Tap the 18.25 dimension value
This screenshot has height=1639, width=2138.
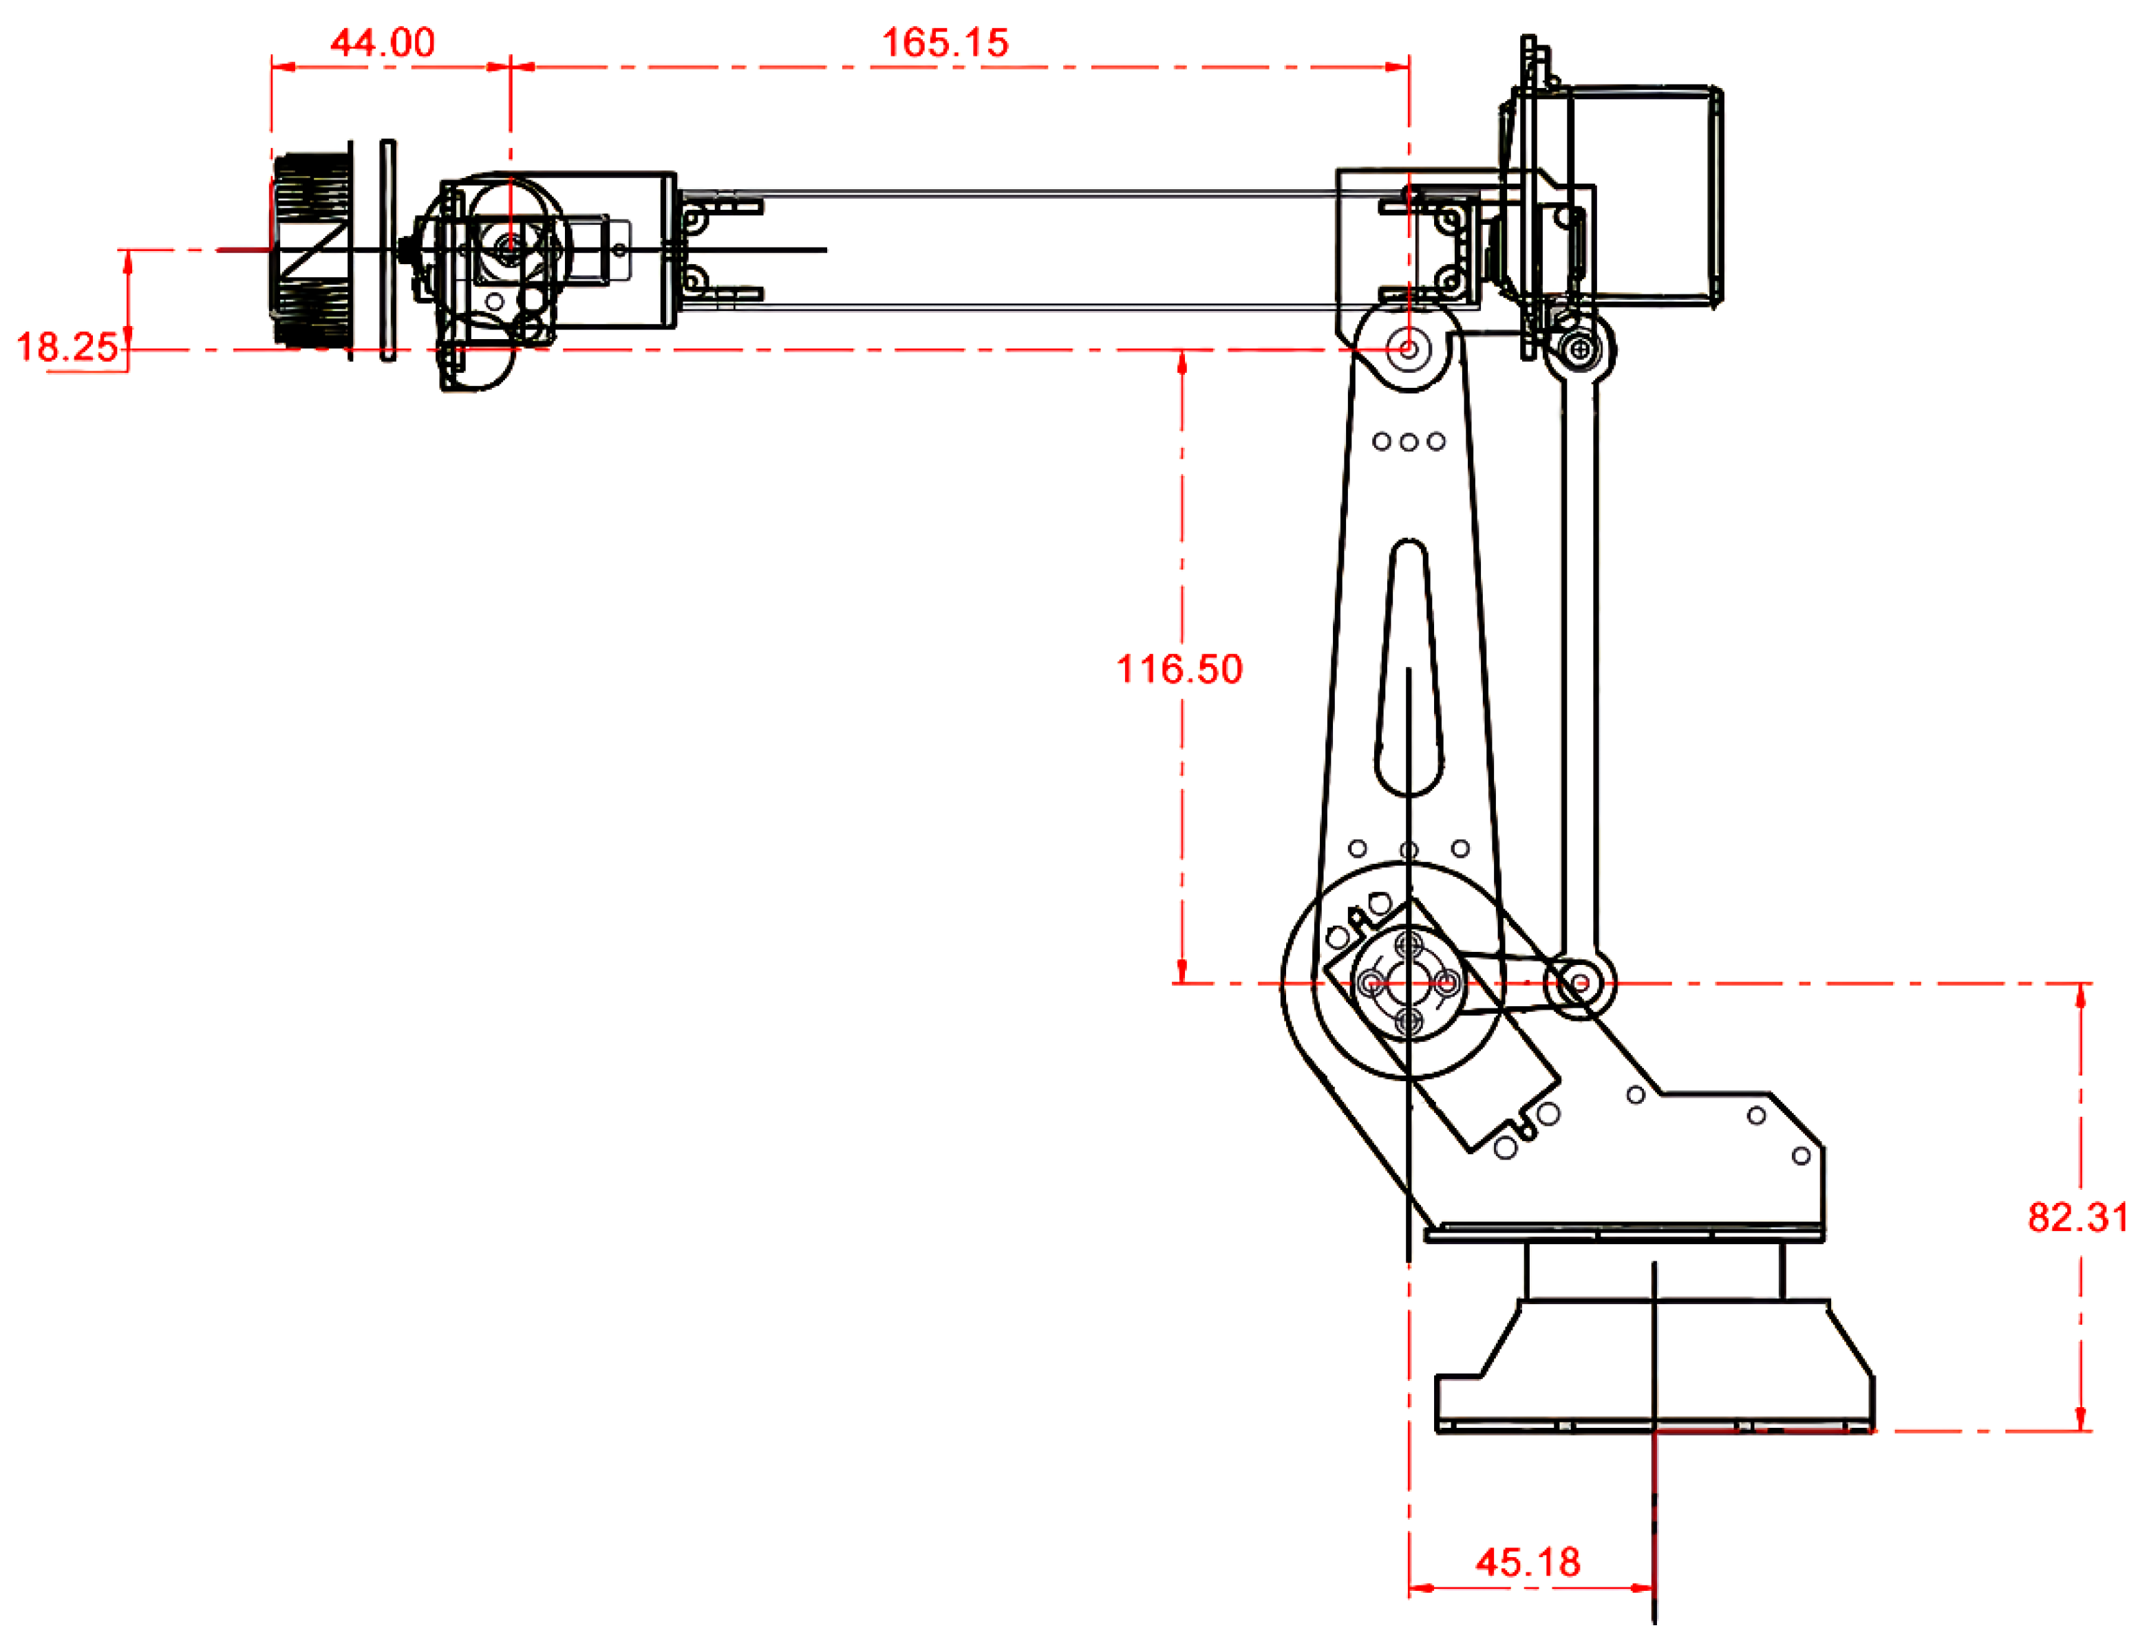click(66, 347)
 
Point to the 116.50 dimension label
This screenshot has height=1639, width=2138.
click(1179, 669)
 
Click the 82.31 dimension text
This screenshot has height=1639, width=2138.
click(2077, 1217)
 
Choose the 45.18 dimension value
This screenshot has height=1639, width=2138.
click(1527, 1562)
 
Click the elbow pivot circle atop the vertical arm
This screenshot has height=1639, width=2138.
click(1408, 348)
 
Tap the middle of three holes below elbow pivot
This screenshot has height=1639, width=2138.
click(1408, 442)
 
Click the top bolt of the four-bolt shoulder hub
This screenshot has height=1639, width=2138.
click(1408, 944)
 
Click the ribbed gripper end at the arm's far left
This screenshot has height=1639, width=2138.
click(312, 251)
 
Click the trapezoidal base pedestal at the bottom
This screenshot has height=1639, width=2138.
click(1654, 1366)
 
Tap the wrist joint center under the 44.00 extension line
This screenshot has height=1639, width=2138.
click(509, 249)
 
